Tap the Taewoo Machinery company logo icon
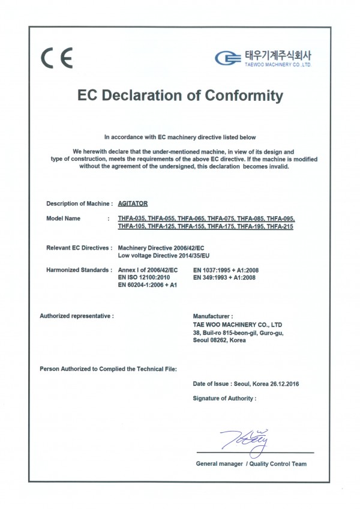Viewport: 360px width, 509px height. click(227, 58)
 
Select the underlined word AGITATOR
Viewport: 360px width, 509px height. click(133, 204)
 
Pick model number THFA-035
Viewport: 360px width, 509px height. click(132, 218)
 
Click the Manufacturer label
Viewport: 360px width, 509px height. click(212, 315)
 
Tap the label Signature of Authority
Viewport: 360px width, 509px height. click(224, 398)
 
